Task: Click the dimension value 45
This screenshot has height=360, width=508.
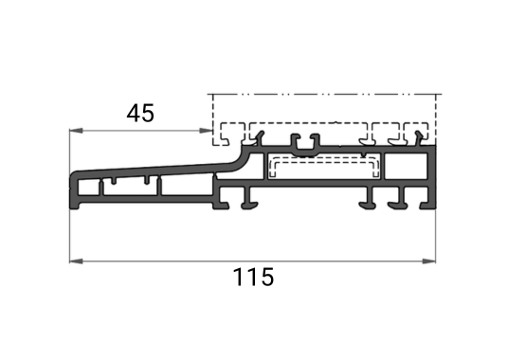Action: [x=140, y=114]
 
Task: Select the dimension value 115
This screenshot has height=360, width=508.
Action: [x=253, y=278]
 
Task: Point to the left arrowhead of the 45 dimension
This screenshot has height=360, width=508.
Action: [x=76, y=131]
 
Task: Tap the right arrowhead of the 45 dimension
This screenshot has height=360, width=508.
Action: [x=206, y=131]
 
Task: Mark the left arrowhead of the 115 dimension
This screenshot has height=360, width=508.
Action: [x=76, y=261]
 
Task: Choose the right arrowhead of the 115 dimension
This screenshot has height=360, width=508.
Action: [x=429, y=261]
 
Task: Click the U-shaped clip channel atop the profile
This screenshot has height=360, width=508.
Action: [x=305, y=146]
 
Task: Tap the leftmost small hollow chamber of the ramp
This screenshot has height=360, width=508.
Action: [x=88, y=188]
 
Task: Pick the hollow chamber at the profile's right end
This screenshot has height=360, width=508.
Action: [x=406, y=167]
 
